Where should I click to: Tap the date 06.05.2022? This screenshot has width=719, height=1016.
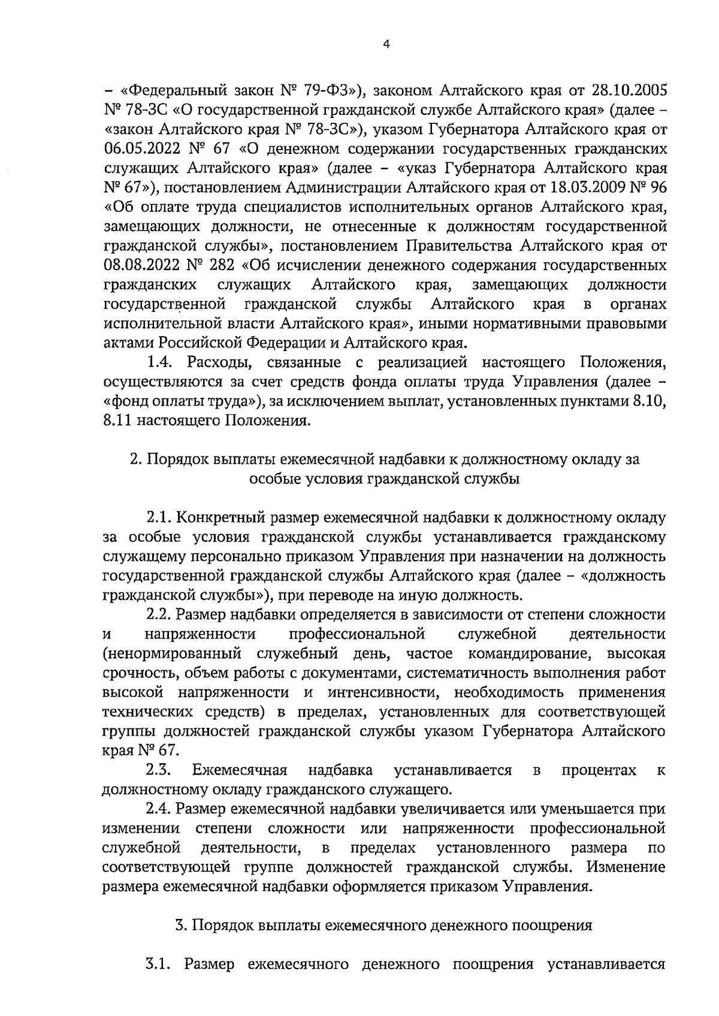click(143, 148)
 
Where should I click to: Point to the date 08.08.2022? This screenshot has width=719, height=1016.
click(143, 265)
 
